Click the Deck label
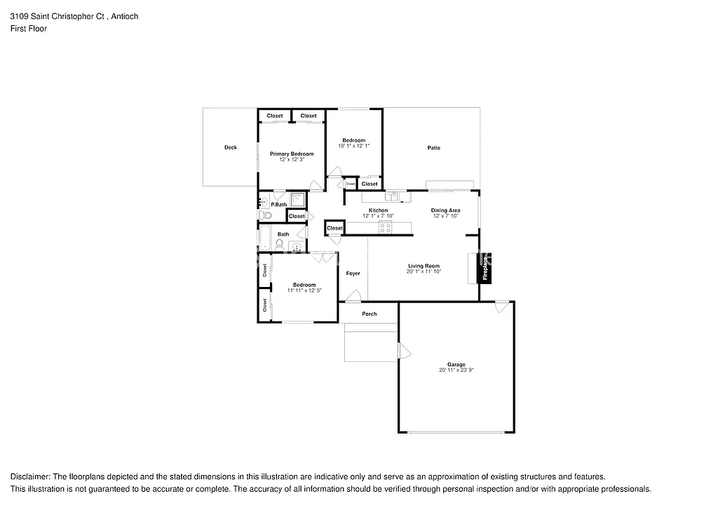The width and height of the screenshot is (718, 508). [x=231, y=147]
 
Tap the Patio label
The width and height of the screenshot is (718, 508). [x=434, y=147]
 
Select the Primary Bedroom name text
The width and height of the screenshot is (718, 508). [x=292, y=154]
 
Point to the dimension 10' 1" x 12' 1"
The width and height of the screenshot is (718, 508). [x=353, y=146]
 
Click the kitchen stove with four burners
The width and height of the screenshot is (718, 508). [x=385, y=226]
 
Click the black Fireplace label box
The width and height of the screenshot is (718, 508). [x=485, y=268]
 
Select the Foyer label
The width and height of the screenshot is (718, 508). [x=353, y=273]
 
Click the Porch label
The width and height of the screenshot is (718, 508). [x=369, y=314]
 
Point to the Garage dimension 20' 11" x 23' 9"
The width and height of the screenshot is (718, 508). [x=456, y=370]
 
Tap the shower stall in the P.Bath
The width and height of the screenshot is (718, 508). [x=298, y=199]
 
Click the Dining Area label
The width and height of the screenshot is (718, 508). [x=445, y=210]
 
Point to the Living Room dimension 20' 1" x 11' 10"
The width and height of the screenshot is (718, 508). [x=424, y=271]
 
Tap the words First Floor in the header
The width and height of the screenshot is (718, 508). [x=29, y=29]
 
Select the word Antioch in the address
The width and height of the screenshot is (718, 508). [x=125, y=16]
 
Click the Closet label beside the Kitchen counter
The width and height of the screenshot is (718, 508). [x=334, y=228]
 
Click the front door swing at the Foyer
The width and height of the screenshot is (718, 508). [x=353, y=295]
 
